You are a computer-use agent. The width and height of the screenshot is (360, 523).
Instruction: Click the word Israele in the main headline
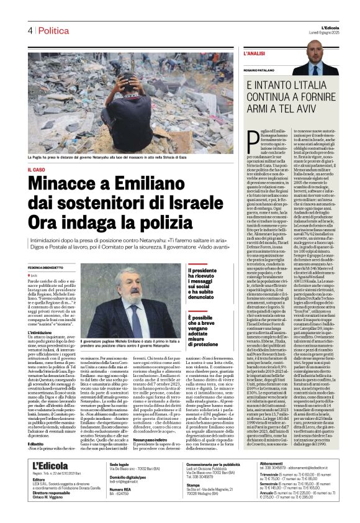(x=189, y=203)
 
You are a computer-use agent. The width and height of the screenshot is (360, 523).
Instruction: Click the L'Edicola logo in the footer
(x=48, y=483)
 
